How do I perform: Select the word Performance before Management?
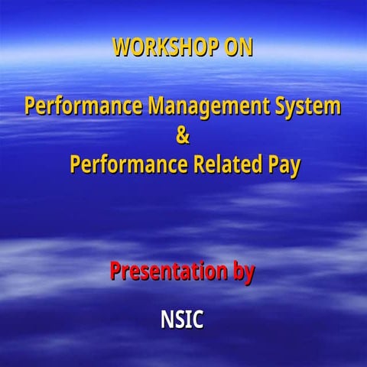pyautogui.click(x=83, y=106)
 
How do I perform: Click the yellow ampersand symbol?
pyautogui.click(x=182, y=136)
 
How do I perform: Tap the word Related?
pyautogui.click(x=229, y=164)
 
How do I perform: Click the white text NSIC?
pyautogui.click(x=182, y=319)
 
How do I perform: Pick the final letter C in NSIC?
pyautogui.click(x=198, y=319)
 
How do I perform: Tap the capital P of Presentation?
pyautogui.click(x=115, y=271)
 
